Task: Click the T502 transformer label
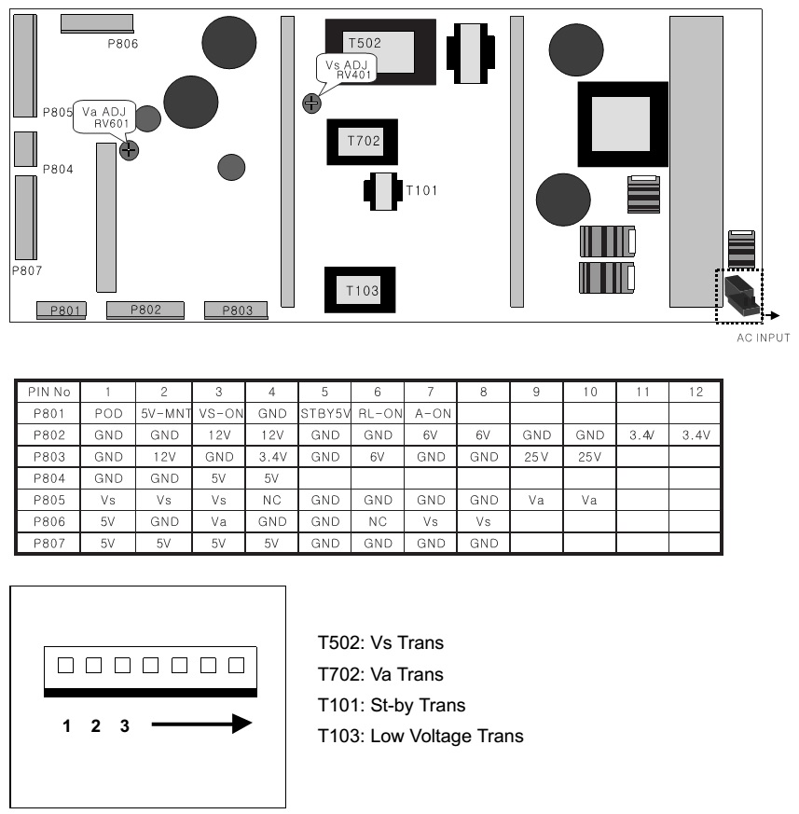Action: click(x=365, y=43)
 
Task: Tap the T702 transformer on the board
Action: click(x=363, y=142)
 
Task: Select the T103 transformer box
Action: click(x=360, y=290)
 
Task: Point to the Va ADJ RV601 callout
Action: click(x=104, y=117)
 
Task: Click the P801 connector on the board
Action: click(x=62, y=310)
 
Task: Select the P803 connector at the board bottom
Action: click(x=236, y=310)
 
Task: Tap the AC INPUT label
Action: click(x=764, y=338)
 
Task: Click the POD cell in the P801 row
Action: click(x=108, y=414)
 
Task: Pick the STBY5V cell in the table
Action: click(x=325, y=414)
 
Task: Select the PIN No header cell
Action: click(x=48, y=392)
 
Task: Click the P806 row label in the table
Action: click(x=48, y=522)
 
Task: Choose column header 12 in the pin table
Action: click(x=696, y=392)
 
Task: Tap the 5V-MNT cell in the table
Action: click(x=164, y=414)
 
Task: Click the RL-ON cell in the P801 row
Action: click(x=378, y=414)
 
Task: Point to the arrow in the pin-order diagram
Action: click(x=201, y=724)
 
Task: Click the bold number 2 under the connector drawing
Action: click(x=95, y=725)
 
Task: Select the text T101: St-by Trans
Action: click(x=392, y=706)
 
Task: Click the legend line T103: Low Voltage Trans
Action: click(x=420, y=736)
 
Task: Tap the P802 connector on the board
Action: click(x=145, y=310)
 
